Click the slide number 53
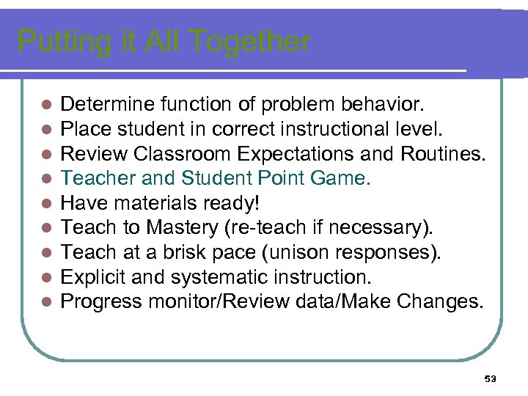[491, 378]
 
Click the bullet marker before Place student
[45, 130]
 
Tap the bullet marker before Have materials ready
[45, 203]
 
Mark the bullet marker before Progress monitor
[45, 301]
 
